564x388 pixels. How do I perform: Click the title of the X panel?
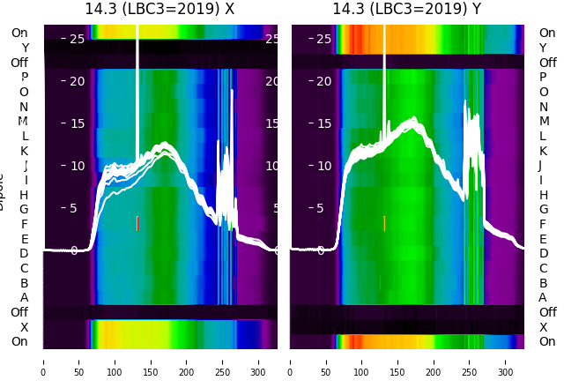click(160, 9)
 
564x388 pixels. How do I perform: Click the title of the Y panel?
click(406, 9)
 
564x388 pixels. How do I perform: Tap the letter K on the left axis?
click(25, 151)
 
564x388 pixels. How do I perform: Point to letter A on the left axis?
click(25, 297)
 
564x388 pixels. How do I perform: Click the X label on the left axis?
click(25, 327)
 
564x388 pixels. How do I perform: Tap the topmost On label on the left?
click(19, 33)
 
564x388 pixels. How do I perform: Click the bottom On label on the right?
click(547, 341)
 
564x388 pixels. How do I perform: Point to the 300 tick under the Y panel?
click(506, 361)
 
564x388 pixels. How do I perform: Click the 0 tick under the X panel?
click(43, 361)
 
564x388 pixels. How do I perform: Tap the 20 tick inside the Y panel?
click(323, 81)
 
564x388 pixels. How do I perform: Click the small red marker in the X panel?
click(137, 223)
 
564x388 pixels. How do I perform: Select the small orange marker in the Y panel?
click(384, 223)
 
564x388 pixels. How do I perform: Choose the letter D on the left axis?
click(25, 253)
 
